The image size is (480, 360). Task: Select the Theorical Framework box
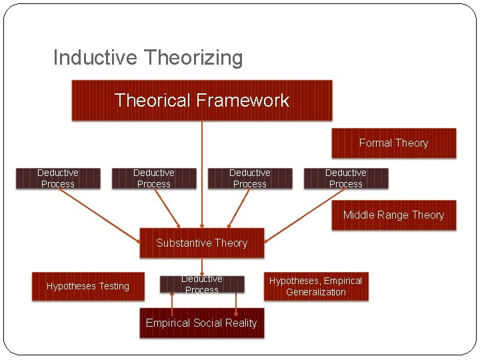[201, 101]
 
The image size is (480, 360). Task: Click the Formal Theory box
[393, 143]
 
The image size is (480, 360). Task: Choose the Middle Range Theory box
[393, 215]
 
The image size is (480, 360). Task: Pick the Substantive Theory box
[201, 243]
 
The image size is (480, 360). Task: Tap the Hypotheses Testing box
[88, 286]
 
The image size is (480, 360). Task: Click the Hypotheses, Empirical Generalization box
[315, 286]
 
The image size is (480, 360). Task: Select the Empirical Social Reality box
[201, 323]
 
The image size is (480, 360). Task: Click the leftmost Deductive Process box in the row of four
[58, 178]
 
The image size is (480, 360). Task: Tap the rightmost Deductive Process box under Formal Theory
[345, 178]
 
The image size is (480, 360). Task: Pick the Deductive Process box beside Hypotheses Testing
[201, 285]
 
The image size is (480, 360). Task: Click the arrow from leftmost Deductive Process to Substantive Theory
[100, 209]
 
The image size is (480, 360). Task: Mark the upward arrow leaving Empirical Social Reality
[172, 301]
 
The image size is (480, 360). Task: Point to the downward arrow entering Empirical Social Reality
[236, 301]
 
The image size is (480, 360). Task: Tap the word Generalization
[315, 292]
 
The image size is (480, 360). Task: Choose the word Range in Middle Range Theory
[393, 215]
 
